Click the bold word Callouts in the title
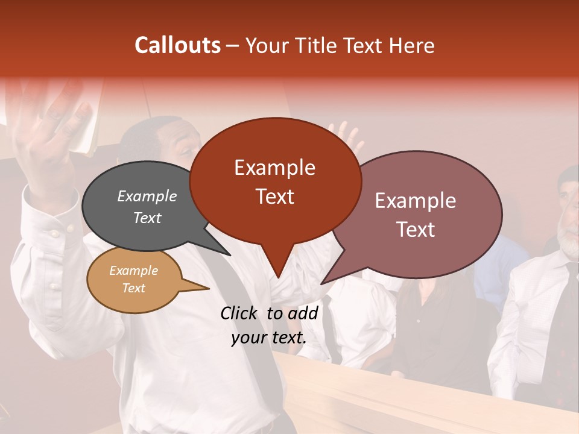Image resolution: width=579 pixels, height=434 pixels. click(177, 45)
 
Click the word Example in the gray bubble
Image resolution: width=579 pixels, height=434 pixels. click(147, 196)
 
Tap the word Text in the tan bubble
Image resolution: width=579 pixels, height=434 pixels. click(134, 288)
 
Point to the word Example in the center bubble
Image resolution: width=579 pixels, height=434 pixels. click(275, 168)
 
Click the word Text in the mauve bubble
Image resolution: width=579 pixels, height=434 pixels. click(416, 230)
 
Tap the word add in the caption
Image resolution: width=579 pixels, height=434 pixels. click(302, 313)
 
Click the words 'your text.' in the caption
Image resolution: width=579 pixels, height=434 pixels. click(268, 338)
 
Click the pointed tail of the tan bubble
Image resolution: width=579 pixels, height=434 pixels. click(202, 288)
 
